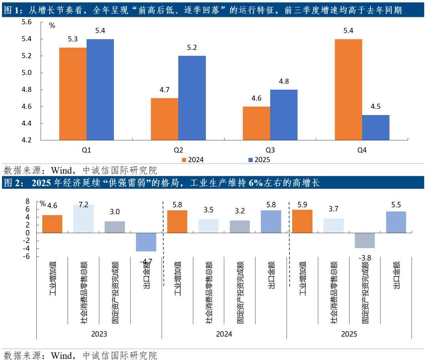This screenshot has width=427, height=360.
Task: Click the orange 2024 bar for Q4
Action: (x=348, y=90)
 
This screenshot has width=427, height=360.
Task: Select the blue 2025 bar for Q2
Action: (x=192, y=98)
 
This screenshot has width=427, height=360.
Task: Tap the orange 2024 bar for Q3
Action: (x=257, y=123)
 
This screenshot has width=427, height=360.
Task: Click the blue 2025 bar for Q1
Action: (x=100, y=90)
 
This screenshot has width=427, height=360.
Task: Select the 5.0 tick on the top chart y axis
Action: (x=26, y=73)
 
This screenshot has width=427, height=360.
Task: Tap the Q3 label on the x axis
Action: (x=270, y=150)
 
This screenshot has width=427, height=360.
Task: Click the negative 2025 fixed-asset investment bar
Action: (x=365, y=240)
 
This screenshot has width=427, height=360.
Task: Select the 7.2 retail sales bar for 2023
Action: (x=83, y=219)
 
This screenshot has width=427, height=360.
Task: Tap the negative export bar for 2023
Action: (x=146, y=242)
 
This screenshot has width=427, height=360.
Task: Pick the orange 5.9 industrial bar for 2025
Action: (x=302, y=221)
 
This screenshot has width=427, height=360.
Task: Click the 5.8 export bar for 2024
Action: (x=271, y=221)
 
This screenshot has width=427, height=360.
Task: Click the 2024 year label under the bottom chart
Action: (x=224, y=334)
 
